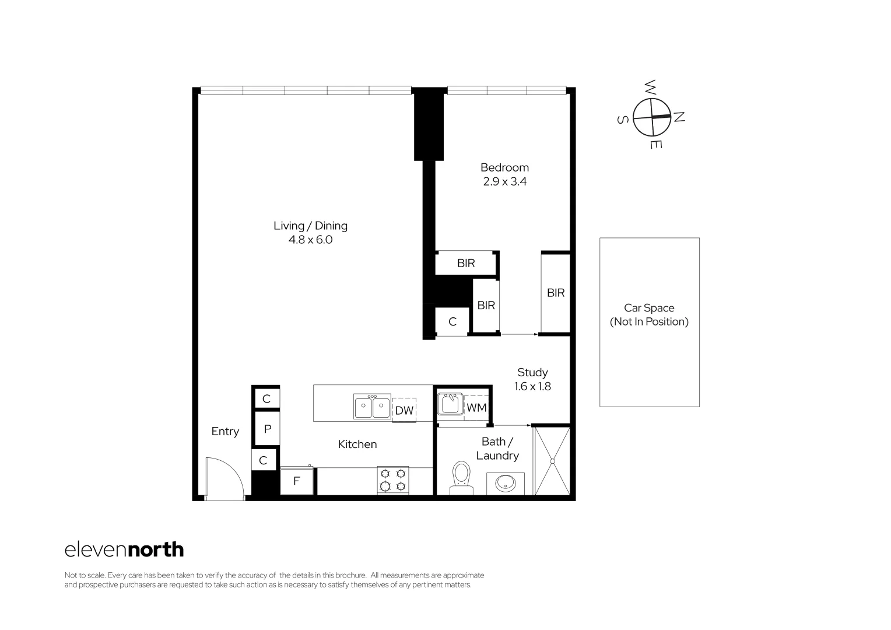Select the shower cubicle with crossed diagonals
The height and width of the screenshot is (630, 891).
pos(552,461)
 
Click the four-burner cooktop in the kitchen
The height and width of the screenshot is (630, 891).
pos(392,480)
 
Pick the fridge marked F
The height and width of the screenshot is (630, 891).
pos(297,481)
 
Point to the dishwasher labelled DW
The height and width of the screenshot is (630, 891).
pos(404,410)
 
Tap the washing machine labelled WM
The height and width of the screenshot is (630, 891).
pos(476,408)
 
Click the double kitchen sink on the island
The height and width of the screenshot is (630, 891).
pos(372,406)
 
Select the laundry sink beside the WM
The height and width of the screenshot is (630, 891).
pos(450,404)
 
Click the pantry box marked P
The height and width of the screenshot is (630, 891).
pos(268,429)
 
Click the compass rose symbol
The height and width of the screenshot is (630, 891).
pos(651,116)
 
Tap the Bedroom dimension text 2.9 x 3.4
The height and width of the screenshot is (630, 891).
pos(504,181)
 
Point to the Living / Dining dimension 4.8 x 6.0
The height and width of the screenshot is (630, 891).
pos(310,240)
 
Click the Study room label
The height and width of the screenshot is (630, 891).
pos(532,372)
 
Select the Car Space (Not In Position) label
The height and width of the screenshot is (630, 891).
pos(649,315)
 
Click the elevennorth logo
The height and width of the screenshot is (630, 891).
pos(124,549)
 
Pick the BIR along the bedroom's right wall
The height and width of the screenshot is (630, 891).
pos(556,293)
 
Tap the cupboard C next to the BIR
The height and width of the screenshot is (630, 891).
pos(452,322)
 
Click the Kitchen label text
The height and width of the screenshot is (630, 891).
pos(357,444)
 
